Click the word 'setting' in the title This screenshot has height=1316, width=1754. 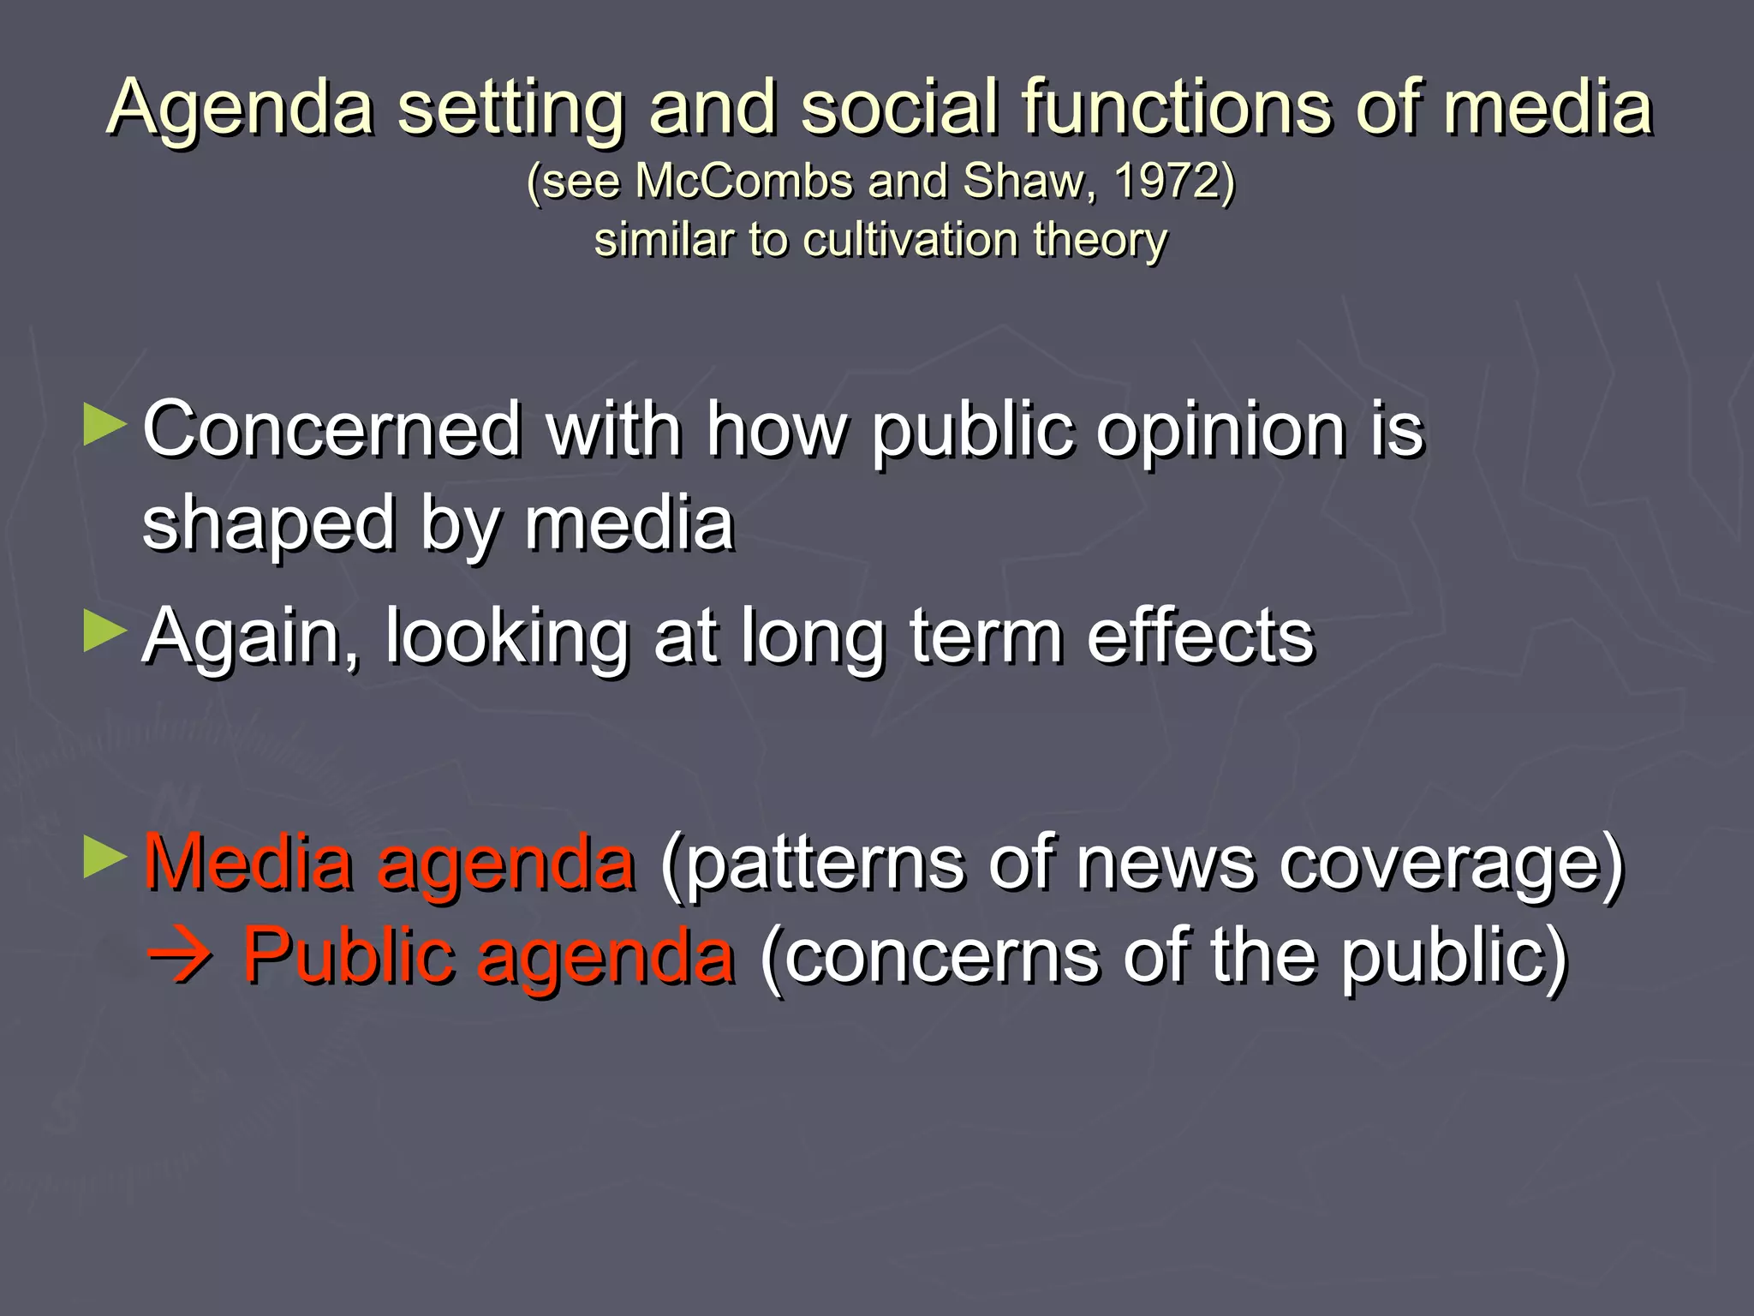click(510, 109)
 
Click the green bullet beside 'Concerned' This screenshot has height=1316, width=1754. click(104, 426)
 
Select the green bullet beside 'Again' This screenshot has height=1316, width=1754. click(104, 631)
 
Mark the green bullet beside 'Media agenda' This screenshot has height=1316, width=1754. click(104, 858)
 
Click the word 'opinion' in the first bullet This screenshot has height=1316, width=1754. click(1220, 431)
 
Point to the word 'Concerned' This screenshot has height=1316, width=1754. click(332, 429)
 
